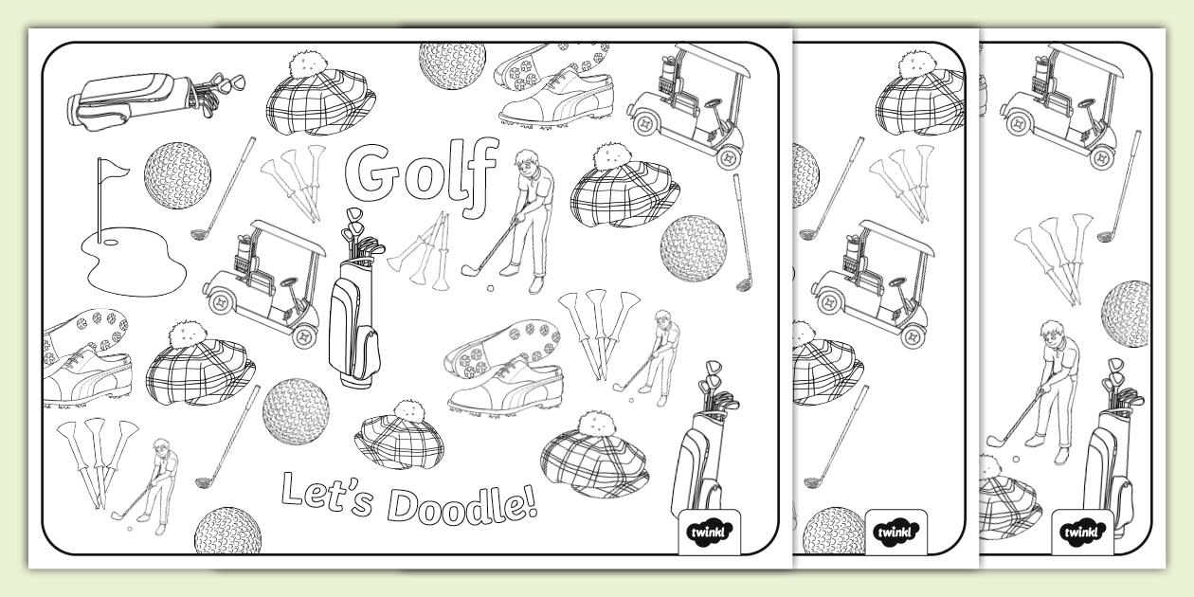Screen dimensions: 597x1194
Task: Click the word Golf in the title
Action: click(422, 172)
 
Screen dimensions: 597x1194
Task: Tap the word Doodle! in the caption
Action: click(465, 507)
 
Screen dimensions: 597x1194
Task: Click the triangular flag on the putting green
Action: click(113, 170)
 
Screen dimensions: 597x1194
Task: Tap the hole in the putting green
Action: click(110, 241)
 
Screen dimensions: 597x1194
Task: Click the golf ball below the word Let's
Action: click(226, 531)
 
